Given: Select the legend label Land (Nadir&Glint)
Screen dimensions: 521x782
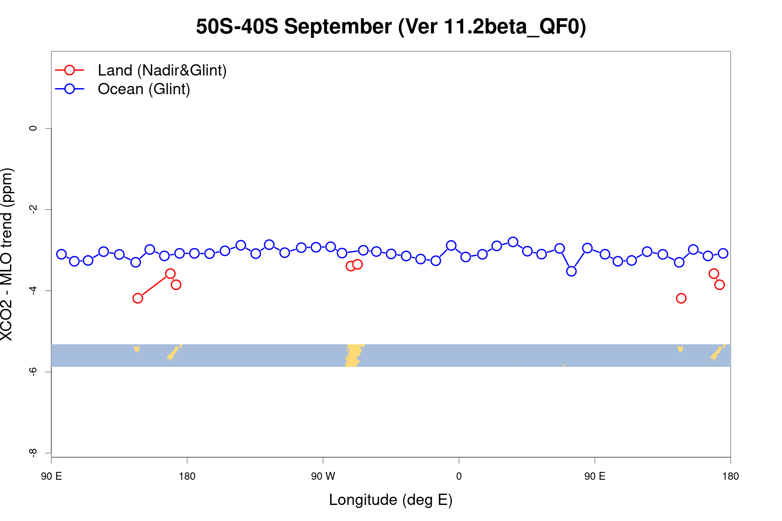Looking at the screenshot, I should click(162, 70).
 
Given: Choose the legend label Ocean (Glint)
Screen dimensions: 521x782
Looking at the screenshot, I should click(144, 89).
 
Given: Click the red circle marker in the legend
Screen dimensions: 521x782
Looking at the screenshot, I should click(70, 70).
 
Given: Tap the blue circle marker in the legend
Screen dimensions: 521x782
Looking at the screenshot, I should click(70, 89).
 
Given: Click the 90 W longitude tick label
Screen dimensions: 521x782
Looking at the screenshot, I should click(323, 476).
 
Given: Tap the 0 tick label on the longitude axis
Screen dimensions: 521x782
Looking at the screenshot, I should click(459, 476).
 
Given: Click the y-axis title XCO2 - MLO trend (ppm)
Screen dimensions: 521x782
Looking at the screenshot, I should click(7, 254).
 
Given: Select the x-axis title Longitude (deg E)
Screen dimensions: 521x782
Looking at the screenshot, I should click(391, 500).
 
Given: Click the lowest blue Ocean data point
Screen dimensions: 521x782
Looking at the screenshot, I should click(571, 271).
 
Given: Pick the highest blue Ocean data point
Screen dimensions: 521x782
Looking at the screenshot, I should click(513, 242).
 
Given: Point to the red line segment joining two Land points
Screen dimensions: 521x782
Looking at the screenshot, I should click(154, 286).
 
